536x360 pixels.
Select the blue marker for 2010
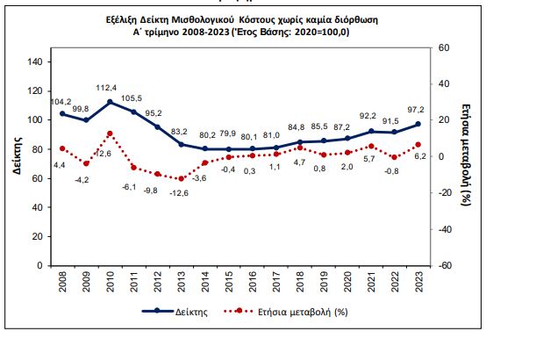pyautogui.click(x=110, y=102)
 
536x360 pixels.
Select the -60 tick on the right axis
pyautogui.click(x=445, y=265)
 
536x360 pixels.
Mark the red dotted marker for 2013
pyautogui.click(x=181, y=178)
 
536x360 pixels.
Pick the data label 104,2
pyautogui.click(x=61, y=101)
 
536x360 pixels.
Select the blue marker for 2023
pyautogui.click(x=418, y=124)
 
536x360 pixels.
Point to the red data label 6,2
pyautogui.click(x=419, y=156)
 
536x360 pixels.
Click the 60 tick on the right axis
pyautogui.click(x=444, y=47)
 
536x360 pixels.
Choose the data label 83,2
pyautogui.click(x=181, y=131)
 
